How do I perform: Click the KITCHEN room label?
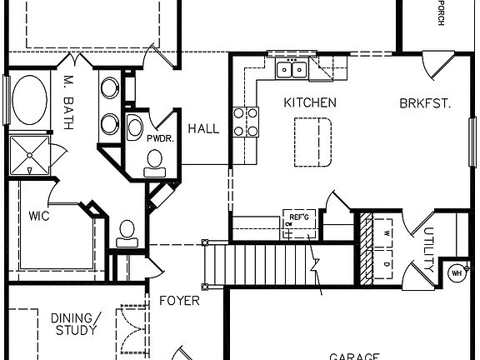(x=310, y=103)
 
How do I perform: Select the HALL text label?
(x=203, y=129)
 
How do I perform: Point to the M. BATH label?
(x=69, y=103)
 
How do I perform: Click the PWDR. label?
(x=160, y=139)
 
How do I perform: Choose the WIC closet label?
(x=39, y=217)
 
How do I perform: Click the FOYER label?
(x=179, y=300)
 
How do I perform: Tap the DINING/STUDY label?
(x=75, y=324)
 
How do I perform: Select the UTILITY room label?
(x=428, y=251)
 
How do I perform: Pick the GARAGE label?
(x=353, y=355)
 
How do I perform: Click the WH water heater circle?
(x=457, y=272)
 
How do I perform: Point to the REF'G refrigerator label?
(x=297, y=217)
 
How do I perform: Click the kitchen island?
(x=312, y=140)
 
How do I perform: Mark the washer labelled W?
(x=387, y=233)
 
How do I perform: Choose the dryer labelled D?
(x=387, y=264)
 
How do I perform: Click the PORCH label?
(x=440, y=12)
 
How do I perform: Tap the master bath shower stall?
(x=29, y=156)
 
